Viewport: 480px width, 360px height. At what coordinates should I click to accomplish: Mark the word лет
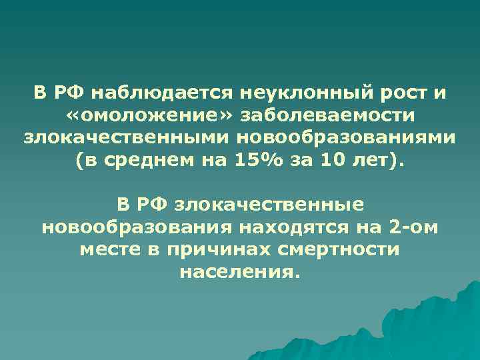[x=384, y=161]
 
